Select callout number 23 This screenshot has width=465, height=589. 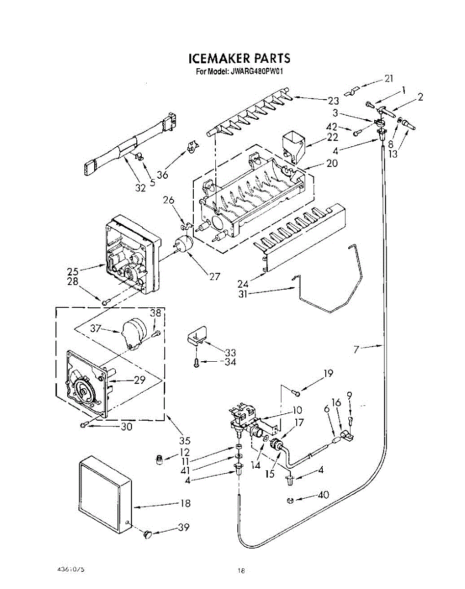click(333, 101)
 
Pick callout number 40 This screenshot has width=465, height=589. click(323, 495)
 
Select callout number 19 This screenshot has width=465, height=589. click(328, 374)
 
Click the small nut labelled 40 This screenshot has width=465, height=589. click(290, 501)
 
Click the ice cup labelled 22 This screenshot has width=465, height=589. click(293, 144)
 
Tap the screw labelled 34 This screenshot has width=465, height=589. click(196, 363)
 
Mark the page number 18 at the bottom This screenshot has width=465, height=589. click(241, 570)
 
